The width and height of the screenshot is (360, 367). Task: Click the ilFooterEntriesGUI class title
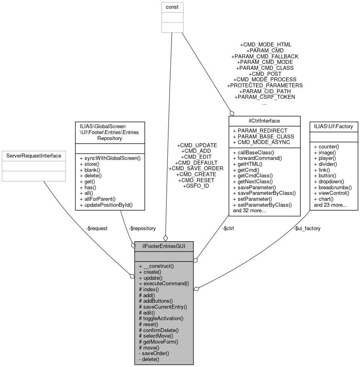(164, 246)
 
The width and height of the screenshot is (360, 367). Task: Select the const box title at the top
(172, 7)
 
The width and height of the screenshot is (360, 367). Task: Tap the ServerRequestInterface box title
(33, 156)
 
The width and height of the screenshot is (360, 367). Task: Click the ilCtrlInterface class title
(264, 121)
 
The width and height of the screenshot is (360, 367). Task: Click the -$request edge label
(97, 228)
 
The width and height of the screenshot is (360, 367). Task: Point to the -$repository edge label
(142, 228)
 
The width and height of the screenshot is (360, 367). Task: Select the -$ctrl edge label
(227, 228)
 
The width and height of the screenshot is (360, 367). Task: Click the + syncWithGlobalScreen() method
(110, 158)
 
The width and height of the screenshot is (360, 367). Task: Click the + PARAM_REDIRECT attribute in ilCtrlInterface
(260, 131)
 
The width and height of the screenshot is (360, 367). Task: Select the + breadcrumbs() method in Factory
(333, 187)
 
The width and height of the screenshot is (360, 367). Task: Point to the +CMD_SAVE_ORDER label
(193, 168)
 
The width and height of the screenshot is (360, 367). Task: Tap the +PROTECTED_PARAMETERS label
(265, 85)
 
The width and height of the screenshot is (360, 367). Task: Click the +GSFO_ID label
(196, 186)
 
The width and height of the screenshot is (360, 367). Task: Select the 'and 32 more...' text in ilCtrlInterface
(249, 211)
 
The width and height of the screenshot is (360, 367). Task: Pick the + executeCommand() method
(164, 284)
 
